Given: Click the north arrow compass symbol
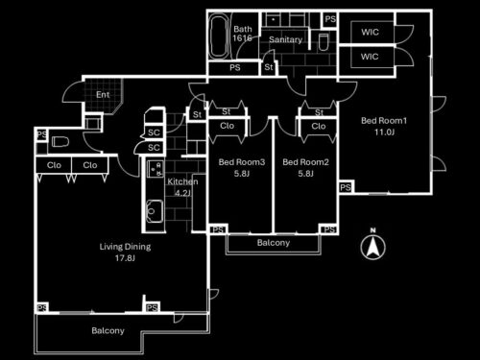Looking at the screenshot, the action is [x=372, y=245].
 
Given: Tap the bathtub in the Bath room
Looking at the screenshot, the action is [x=219, y=36].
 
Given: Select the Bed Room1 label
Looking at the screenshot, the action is [x=384, y=121].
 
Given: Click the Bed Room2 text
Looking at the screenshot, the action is [x=305, y=162].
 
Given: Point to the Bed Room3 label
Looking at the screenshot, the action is [x=242, y=162].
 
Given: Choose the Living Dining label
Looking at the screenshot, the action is [x=125, y=247].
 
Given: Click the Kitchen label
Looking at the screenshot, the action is [x=182, y=181].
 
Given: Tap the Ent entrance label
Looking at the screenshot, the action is [x=103, y=95].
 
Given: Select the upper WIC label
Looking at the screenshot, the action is [x=370, y=32].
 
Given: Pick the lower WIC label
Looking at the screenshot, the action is [x=370, y=57].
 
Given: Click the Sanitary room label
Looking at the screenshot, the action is [x=285, y=39].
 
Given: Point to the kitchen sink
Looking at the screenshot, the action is [x=155, y=211].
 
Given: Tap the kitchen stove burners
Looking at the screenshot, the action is [x=156, y=169].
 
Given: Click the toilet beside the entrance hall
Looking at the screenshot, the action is [x=60, y=141].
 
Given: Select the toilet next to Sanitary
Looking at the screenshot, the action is [x=324, y=42].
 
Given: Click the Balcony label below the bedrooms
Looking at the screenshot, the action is [x=274, y=243].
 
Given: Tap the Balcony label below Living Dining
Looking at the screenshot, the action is [x=108, y=330].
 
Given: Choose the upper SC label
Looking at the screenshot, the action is [x=154, y=132].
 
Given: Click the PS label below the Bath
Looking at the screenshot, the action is [x=235, y=68].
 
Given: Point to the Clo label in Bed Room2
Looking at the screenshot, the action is [x=319, y=126].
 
